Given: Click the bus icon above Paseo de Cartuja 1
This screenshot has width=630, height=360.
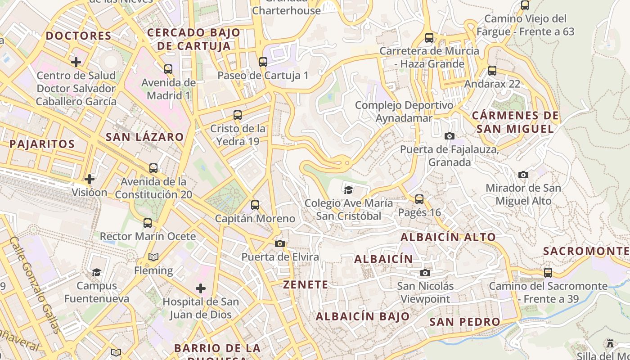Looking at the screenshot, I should click(x=263, y=62).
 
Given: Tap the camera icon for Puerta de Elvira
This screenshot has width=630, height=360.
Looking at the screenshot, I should click(x=280, y=243).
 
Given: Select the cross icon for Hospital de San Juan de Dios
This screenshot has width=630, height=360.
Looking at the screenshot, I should click(x=201, y=288).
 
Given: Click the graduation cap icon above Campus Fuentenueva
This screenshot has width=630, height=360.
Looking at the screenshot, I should click(x=96, y=272).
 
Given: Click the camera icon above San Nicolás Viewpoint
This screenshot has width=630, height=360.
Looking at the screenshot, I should click(x=425, y=273).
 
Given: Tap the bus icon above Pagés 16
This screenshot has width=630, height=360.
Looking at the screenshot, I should click(x=419, y=199).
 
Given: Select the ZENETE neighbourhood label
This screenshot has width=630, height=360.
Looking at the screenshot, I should click(x=306, y=284).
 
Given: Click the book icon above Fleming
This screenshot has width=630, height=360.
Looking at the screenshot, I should click(x=153, y=257).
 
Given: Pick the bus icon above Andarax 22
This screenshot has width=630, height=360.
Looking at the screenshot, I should click(x=492, y=71).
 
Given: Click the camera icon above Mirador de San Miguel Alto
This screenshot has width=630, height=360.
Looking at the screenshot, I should click(x=523, y=175).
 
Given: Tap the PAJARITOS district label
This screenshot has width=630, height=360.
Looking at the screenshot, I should click(x=42, y=144).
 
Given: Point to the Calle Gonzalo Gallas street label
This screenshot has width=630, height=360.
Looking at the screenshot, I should click(x=35, y=285).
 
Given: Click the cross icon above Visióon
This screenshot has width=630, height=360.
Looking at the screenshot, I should click(x=90, y=179).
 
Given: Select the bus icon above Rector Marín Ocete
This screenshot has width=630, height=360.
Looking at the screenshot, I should click(x=148, y=223).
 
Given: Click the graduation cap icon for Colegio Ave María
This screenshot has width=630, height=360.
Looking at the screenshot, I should click(x=348, y=190).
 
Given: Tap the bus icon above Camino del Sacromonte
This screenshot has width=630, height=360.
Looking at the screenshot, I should click(x=548, y=273).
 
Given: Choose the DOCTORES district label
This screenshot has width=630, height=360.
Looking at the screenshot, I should click(x=78, y=36).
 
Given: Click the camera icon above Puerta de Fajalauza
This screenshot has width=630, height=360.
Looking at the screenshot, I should click(x=449, y=136).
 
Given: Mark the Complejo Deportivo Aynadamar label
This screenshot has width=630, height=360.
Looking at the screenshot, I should click(x=404, y=112).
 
